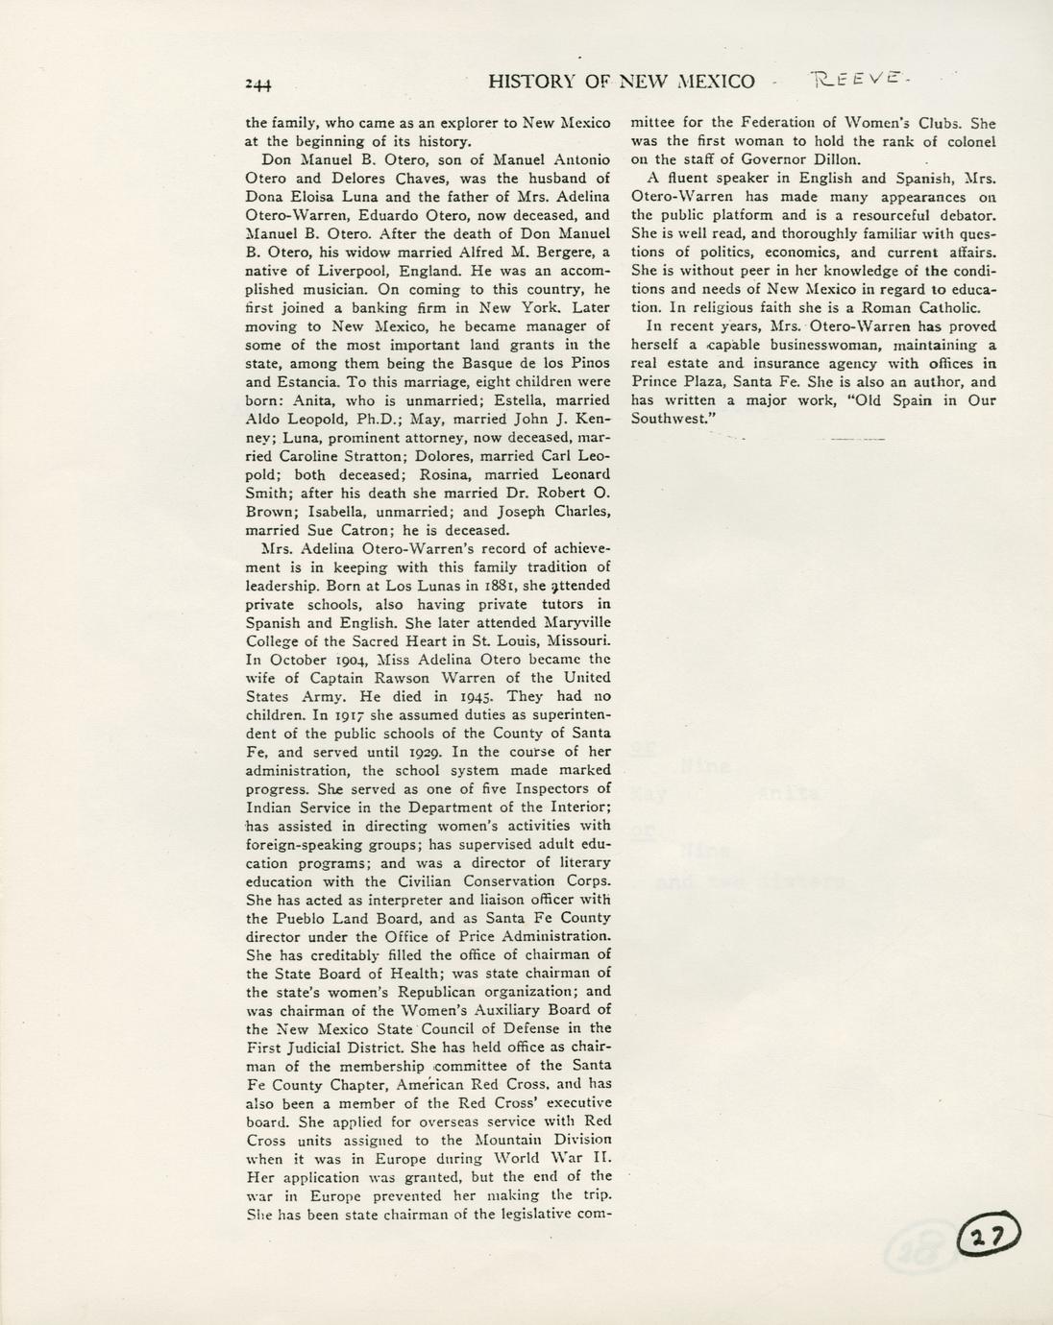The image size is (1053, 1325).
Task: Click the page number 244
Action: click(258, 84)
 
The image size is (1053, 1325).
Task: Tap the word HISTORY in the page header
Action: click(531, 82)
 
